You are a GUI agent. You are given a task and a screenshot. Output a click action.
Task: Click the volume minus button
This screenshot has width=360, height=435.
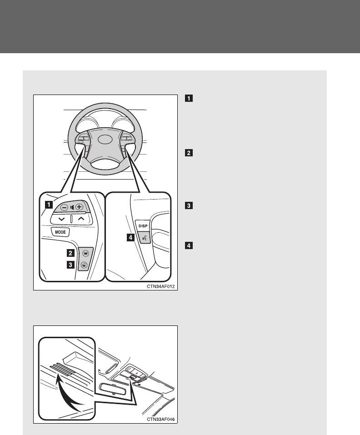tap(64, 207)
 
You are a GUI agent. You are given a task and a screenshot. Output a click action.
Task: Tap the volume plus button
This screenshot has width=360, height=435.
tap(80, 207)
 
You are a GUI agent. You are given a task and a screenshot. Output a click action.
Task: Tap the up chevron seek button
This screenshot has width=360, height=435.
tap(81, 219)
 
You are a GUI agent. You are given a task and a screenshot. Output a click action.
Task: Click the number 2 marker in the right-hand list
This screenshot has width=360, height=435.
tap(188, 153)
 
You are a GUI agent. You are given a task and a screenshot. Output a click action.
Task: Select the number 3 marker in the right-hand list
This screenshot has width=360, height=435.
tap(188, 205)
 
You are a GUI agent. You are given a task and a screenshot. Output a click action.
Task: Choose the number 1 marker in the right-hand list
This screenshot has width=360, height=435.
tap(188, 97)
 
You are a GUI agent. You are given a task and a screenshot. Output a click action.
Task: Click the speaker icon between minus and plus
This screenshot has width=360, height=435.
tap(72, 207)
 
